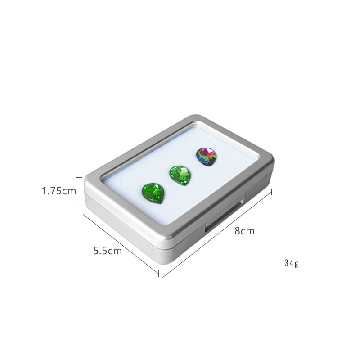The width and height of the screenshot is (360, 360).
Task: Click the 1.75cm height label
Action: tap(59, 191)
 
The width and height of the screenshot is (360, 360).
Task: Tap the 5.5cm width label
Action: tap(108, 251)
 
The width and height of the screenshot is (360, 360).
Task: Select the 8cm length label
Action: tap(244, 230)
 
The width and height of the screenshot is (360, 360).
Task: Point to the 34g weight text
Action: tap(292, 263)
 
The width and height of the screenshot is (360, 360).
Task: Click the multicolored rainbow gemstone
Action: tap(207, 156)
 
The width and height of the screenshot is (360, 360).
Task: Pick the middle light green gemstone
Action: tap(180, 175)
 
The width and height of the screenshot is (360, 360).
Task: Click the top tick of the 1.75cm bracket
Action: tap(79, 177)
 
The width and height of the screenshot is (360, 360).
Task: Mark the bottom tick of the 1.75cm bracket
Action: tap(79, 207)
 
